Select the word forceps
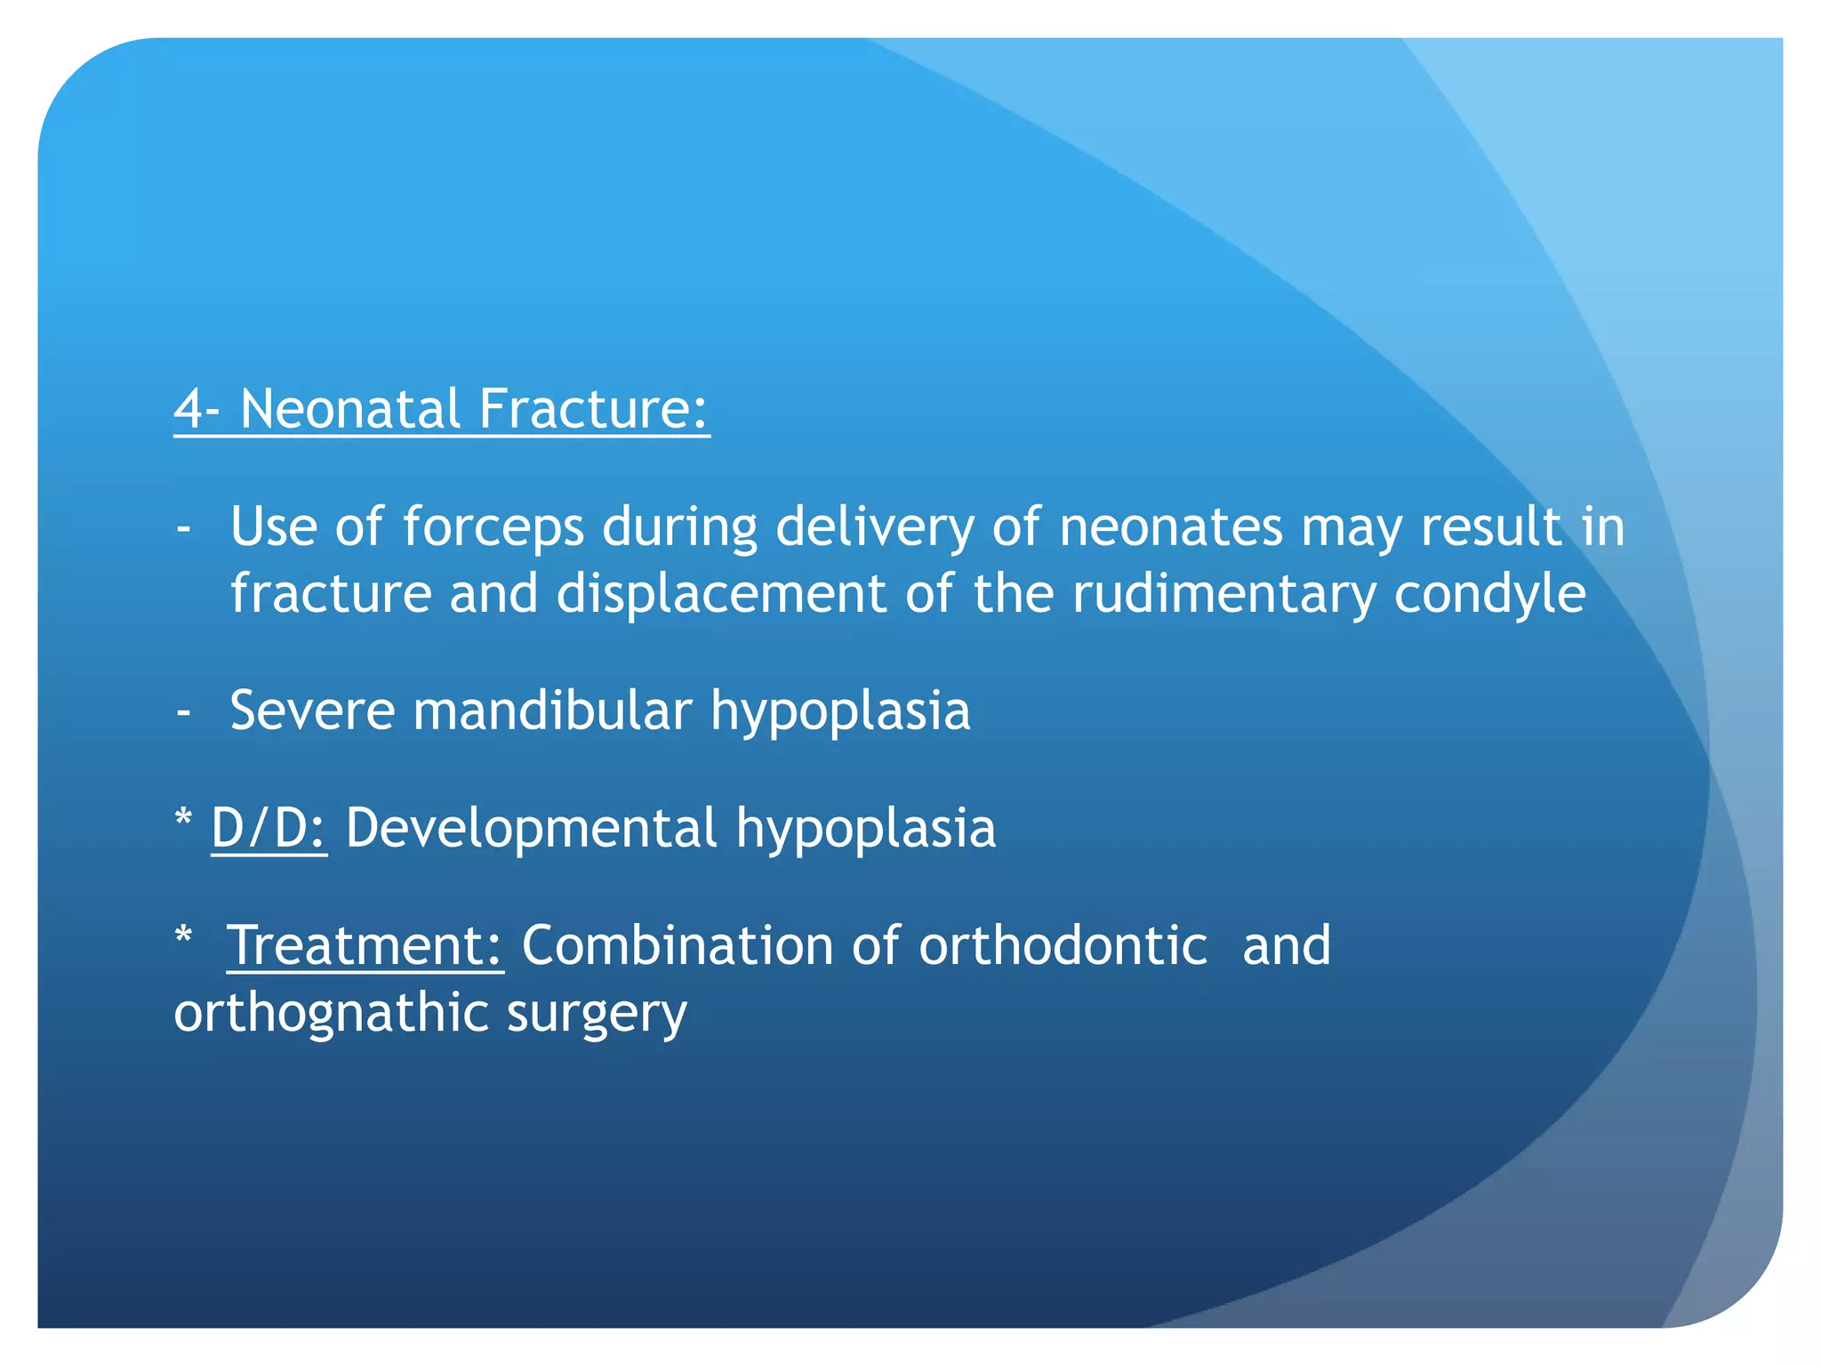coord(493,527)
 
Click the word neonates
coord(1171,527)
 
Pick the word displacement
coord(721,594)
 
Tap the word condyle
coord(1489,594)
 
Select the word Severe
coord(312,711)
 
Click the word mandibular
coord(552,711)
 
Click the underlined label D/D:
coord(269,828)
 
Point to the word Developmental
coord(531,828)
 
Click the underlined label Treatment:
coord(365,945)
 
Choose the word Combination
coord(678,945)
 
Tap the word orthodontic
coord(1063,945)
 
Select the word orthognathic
coord(331,1013)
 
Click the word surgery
coord(597,1015)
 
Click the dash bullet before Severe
coord(184,711)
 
